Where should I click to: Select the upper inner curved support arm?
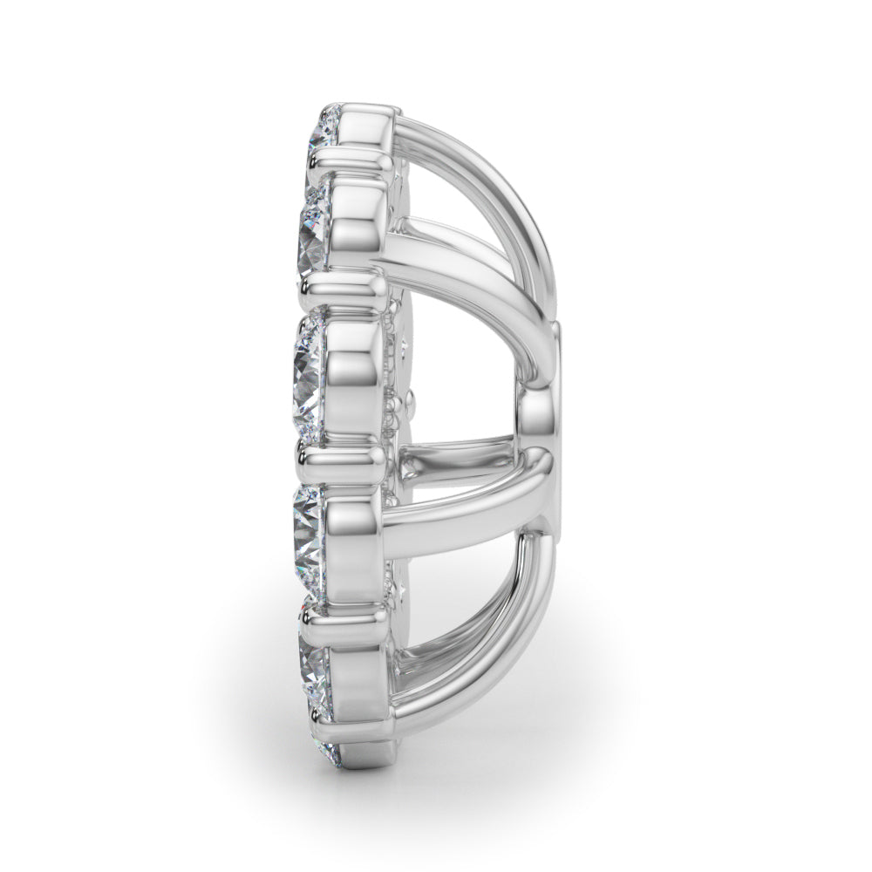453,262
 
